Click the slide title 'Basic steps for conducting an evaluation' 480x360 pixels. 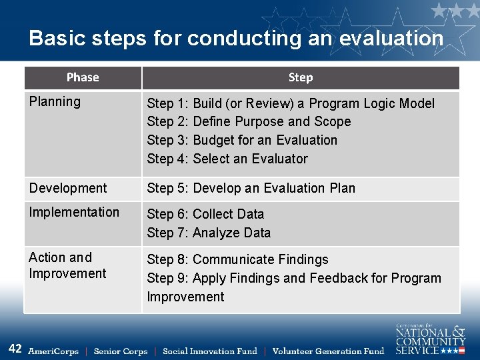point(236,38)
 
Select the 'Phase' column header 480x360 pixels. point(83,77)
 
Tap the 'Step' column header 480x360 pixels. point(300,77)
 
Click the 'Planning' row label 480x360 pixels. point(55,102)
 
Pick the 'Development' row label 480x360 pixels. point(68,189)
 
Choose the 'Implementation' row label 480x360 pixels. point(74,213)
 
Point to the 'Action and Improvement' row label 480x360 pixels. point(67,265)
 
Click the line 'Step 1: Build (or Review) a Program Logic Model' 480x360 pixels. point(291,103)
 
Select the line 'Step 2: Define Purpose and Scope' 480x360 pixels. point(249,122)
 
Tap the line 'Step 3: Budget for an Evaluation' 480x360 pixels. point(242,141)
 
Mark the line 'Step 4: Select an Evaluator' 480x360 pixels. point(227,159)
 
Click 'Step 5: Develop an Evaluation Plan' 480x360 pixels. point(251,189)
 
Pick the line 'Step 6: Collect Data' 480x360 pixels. point(205,215)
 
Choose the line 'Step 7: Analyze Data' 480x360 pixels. point(209,233)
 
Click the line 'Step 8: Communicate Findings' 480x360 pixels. point(237,260)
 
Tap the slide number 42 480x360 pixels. point(15,349)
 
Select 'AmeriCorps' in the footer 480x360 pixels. point(53,351)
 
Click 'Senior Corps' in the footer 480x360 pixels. point(121,351)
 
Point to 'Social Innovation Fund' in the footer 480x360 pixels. point(210,351)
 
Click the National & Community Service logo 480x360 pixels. point(430,339)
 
